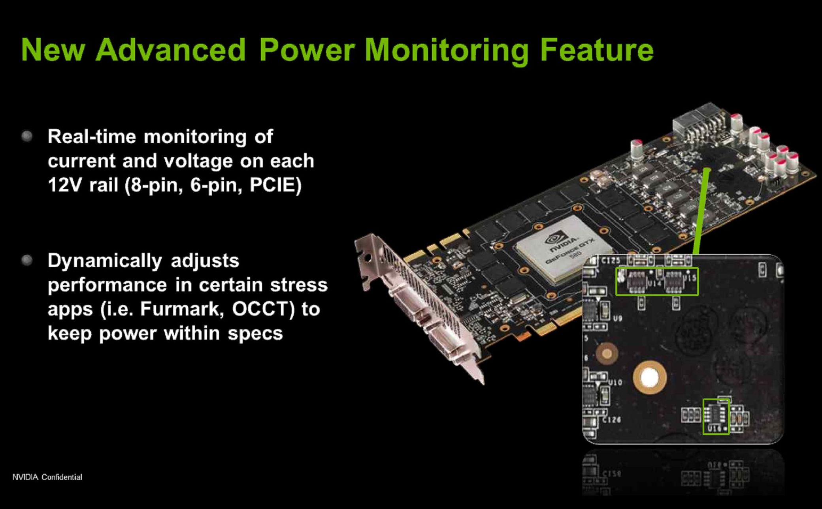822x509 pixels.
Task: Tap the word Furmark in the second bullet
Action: click(182, 309)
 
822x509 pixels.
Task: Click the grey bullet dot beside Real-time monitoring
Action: click(27, 136)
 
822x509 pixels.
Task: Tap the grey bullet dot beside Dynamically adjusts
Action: click(27, 260)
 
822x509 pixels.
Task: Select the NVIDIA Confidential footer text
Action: click(47, 477)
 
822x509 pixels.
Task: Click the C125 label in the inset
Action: click(611, 261)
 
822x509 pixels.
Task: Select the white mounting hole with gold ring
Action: click(649, 378)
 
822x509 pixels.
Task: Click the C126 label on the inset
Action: click(611, 419)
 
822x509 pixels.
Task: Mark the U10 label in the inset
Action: click(615, 383)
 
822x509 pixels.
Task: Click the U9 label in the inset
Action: click(617, 318)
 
